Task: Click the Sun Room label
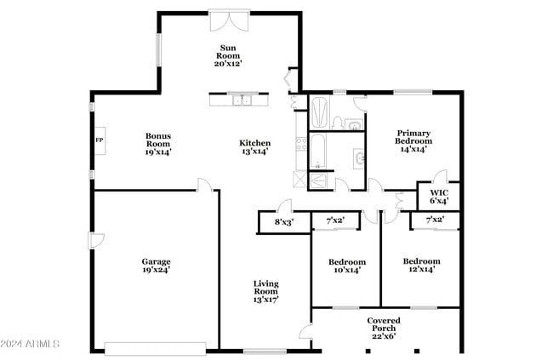pyautogui.click(x=228, y=54)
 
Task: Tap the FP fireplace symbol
pyautogui.click(x=99, y=140)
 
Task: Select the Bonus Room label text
pyautogui.click(x=158, y=143)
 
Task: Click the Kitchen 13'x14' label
pyautogui.click(x=254, y=147)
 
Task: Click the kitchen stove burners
pyautogui.click(x=299, y=146)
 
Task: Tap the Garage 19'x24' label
pyautogui.click(x=156, y=266)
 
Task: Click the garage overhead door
pyautogui.click(x=155, y=347)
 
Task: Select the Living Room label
pyautogui.click(x=265, y=291)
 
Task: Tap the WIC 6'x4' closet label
pyautogui.click(x=438, y=197)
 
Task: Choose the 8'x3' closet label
pyautogui.click(x=283, y=222)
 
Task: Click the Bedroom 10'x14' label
pyautogui.click(x=347, y=266)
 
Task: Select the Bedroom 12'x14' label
pyautogui.click(x=421, y=265)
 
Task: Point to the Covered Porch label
pyautogui.click(x=384, y=326)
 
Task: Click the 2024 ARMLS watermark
pyautogui.click(x=32, y=344)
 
